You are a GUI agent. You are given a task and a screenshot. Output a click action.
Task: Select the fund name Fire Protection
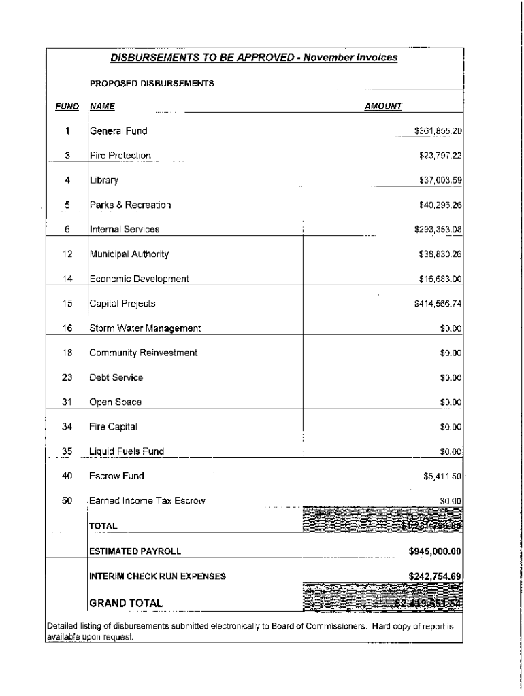click(120, 156)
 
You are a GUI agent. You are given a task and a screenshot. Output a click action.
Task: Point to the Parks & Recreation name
click(130, 205)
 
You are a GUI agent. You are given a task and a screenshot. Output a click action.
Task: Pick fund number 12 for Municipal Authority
click(67, 254)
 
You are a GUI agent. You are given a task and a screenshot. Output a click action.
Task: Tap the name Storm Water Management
click(145, 328)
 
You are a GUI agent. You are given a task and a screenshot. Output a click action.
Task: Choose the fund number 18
click(67, 353)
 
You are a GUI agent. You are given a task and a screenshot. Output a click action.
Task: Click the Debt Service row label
click(116, 377)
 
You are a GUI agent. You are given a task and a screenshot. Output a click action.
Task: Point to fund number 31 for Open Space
click(67, 402)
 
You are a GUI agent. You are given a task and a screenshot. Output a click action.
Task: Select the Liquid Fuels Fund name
click(127, 451)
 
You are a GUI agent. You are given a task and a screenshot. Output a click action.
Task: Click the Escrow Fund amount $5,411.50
click(443, 476)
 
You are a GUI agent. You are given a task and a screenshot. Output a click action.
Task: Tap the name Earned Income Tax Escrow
click(147, 501)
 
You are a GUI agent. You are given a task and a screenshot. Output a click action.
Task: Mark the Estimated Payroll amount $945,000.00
click(435, 551)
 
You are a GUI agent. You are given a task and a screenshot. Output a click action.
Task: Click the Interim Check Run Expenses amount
click(435, 576)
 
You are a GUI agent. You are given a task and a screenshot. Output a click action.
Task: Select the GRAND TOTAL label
click(126, 603)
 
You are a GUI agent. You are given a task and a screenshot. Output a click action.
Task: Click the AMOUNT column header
click(383, 106)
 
